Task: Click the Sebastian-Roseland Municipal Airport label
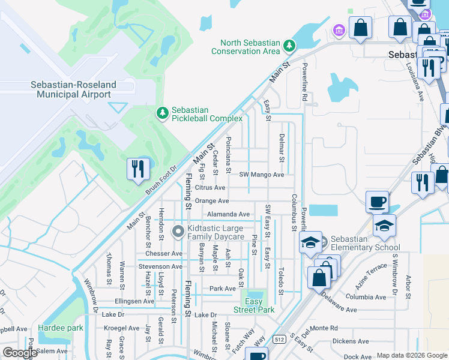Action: [73, 90]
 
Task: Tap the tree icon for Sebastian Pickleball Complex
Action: [161, 113]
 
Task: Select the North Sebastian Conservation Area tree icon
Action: [289, 46]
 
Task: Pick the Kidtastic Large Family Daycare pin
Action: [178, 232]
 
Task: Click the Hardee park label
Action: [60, 328]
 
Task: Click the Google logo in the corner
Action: [19, 352]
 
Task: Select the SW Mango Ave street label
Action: [261, 175]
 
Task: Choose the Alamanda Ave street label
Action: [228, 214]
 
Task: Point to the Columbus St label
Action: [294, 212]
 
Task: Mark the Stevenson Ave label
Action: [160, 266]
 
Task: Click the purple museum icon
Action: [338, 30]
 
